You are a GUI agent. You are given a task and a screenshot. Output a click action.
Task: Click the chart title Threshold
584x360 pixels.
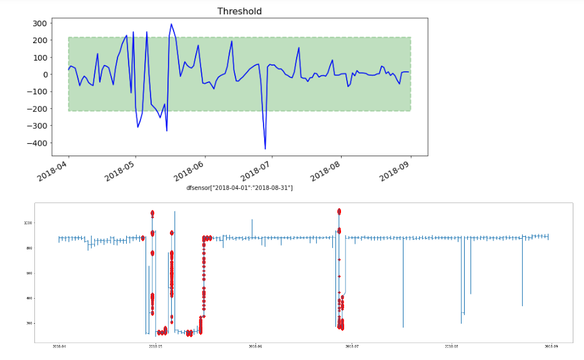coord(239,11)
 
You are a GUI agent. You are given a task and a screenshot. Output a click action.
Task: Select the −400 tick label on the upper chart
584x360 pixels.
coord(38,143)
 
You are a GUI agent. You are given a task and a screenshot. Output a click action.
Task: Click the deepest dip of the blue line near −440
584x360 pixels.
coord(265,149)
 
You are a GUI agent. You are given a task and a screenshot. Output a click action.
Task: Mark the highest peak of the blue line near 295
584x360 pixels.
coord(172,24)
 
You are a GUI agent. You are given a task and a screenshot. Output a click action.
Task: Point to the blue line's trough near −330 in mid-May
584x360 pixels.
coord(167,131)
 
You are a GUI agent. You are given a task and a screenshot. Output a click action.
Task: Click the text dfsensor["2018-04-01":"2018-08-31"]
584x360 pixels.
coord(239,188)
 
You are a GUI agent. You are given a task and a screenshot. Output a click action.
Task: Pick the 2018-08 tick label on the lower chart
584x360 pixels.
coord(452,346)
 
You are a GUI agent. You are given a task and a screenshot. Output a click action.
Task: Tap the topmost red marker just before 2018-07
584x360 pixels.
coord(339,211)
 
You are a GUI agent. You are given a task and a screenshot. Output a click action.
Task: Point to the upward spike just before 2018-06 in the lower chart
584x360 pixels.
coord(252,220)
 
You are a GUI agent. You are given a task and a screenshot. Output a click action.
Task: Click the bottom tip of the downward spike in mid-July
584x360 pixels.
coord(403,327)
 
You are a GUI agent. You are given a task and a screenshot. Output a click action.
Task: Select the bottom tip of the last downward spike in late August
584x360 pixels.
coord(523,306)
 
